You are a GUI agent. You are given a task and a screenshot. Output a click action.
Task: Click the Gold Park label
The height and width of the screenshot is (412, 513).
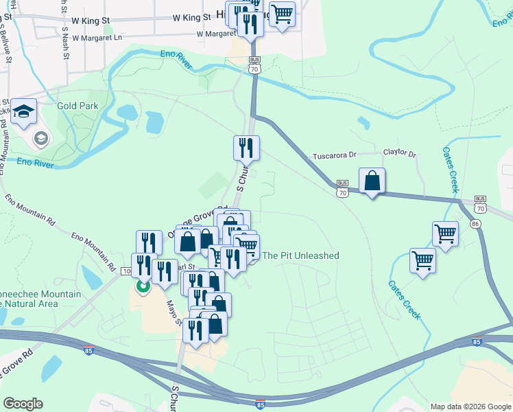click(x=77, y=106)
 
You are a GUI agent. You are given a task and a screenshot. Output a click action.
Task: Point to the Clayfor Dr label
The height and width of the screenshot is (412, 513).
click(x=400, y=153)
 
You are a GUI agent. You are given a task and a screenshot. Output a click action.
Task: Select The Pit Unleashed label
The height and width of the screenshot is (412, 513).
click(x=300, y=255)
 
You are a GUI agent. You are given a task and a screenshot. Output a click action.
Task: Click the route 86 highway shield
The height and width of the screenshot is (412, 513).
click(x=475, y=223)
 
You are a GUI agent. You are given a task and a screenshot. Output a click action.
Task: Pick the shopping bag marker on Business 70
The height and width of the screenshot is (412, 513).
click(x=372, y=182)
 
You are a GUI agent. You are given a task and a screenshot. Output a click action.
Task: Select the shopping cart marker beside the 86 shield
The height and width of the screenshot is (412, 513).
click(x=446, y=234)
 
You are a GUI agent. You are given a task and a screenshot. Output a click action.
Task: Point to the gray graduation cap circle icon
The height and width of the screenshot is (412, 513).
click(x=40, y=139)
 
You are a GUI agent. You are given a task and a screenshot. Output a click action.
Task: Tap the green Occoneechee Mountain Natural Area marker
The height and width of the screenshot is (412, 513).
click(x=143, y=285)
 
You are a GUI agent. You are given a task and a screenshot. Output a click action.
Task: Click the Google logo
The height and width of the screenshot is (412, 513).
click(x=23, y=404)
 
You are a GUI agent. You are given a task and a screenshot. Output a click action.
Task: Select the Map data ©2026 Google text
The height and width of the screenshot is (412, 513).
click(x=470, y=407)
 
